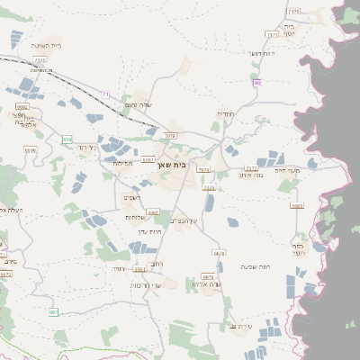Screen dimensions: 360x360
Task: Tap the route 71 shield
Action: click(x=105, y=94)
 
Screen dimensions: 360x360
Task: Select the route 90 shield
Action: click(x=257, y=83)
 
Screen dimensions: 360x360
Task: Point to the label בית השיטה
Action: click(x=44, y=45)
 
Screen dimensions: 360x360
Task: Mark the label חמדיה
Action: click(x=223, y=113)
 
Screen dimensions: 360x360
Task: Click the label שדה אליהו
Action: click(x=206, y=284)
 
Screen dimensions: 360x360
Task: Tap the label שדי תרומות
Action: click(x=146, y=284)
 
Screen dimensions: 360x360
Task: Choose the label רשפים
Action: click(x=132, y=198)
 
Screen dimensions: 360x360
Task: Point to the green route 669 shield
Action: click(x=66, y=139)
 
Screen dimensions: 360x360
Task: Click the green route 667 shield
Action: click(x=53, y=312)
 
